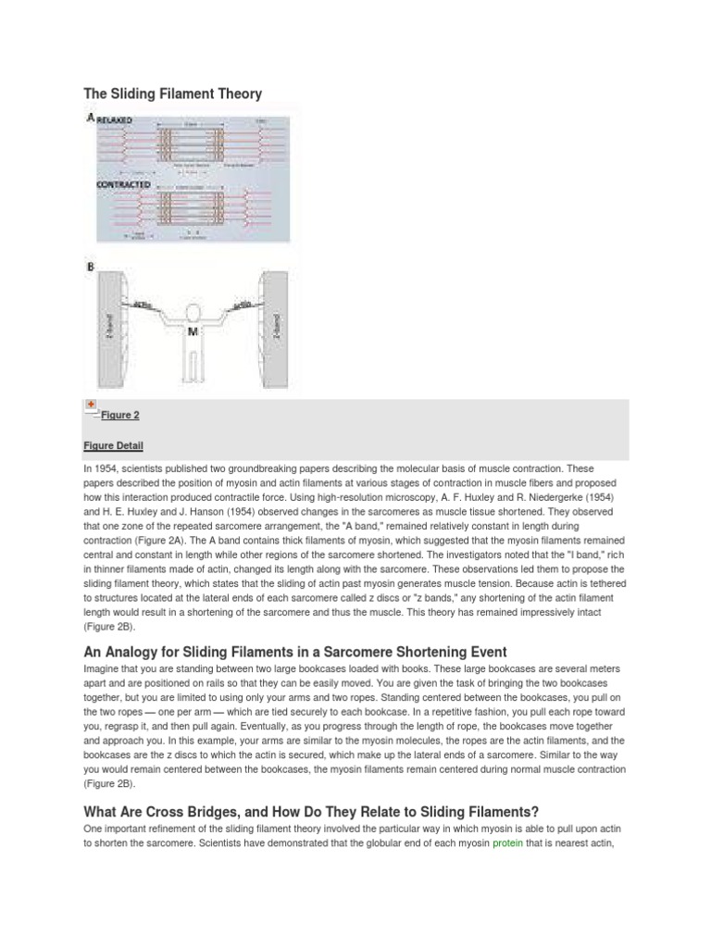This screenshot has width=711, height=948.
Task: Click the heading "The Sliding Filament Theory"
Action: coord(173,94)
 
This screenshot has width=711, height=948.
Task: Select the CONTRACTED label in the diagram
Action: coord(124,184)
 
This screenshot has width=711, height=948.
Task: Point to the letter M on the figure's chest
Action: coord(193,331)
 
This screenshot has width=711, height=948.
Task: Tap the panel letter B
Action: coord(90,268)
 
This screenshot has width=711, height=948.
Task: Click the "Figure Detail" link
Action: coord(113,446)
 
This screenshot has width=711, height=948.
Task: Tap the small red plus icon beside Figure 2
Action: coord(91,405)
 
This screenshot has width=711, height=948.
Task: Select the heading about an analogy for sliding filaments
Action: coord(295,651)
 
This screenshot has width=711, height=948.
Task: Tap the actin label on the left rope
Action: coord(143,304)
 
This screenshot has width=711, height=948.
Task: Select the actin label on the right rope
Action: coord(243,302)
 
